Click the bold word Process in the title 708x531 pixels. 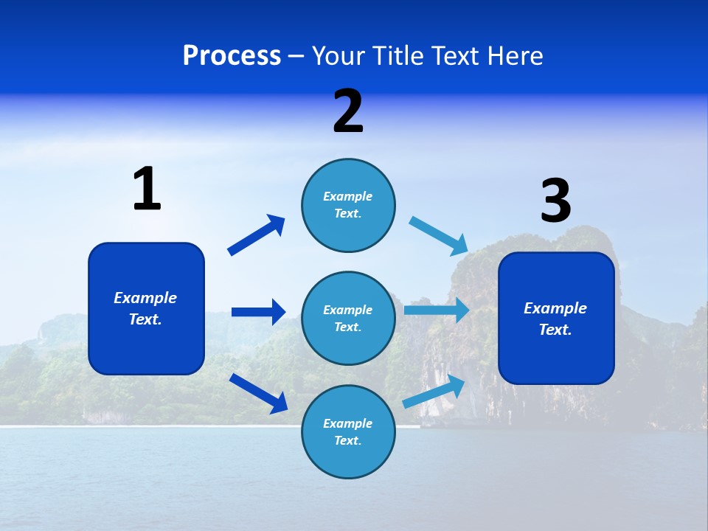pyautogui.click(x=232, y=56)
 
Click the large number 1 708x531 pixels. pyautogui.click(x=147, y=190)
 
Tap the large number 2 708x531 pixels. pyautogui.click(x=348, y=111)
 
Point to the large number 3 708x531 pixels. pyautogui.click(x=555, y=201)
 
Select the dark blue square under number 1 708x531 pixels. pyautogui.click(x=146, y=308)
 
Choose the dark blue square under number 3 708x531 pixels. pyautogui.click(x=556, y=318)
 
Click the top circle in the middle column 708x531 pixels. pyautogui.click(x=348, y=205)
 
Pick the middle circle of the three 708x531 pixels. pyautogui.click(x=348, y=318)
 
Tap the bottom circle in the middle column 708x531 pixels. pyautogui.click(x=348, y=431)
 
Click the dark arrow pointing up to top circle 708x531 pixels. pyautogui.click(x=257, y=235)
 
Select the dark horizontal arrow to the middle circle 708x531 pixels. pyautogui.click(x=258, y=312)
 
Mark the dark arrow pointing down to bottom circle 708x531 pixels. pyautogui.click(x=258, y=392)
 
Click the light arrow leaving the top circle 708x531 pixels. pyautogui.click(x=439, y=236)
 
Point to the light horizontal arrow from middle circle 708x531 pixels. pyautogui.click(x=437, y=310)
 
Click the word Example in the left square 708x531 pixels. pyautogui.click(x=145, y=298)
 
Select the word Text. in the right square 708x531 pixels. pyautogui.click(x=555, y=330)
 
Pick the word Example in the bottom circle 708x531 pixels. pyautogui.click(x=348, y=423)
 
